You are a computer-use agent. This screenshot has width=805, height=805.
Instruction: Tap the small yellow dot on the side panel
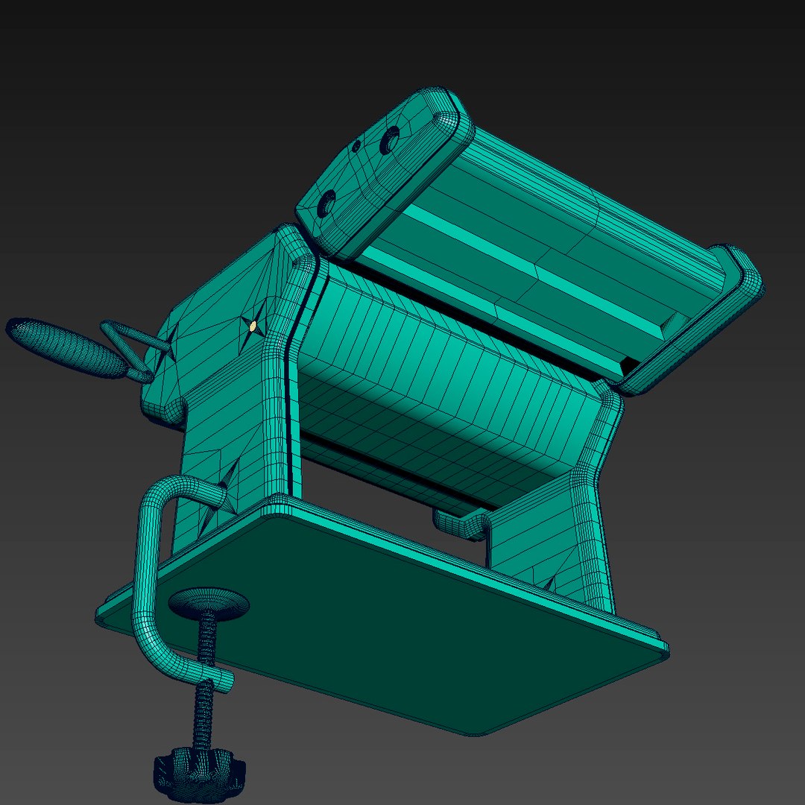tap(253, 326)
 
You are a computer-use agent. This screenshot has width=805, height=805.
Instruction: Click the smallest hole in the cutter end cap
tap(357, 145)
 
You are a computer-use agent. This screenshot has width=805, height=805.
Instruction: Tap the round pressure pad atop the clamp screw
tap(208, 602)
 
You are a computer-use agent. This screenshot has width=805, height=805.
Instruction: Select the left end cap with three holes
tap(380, 171)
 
